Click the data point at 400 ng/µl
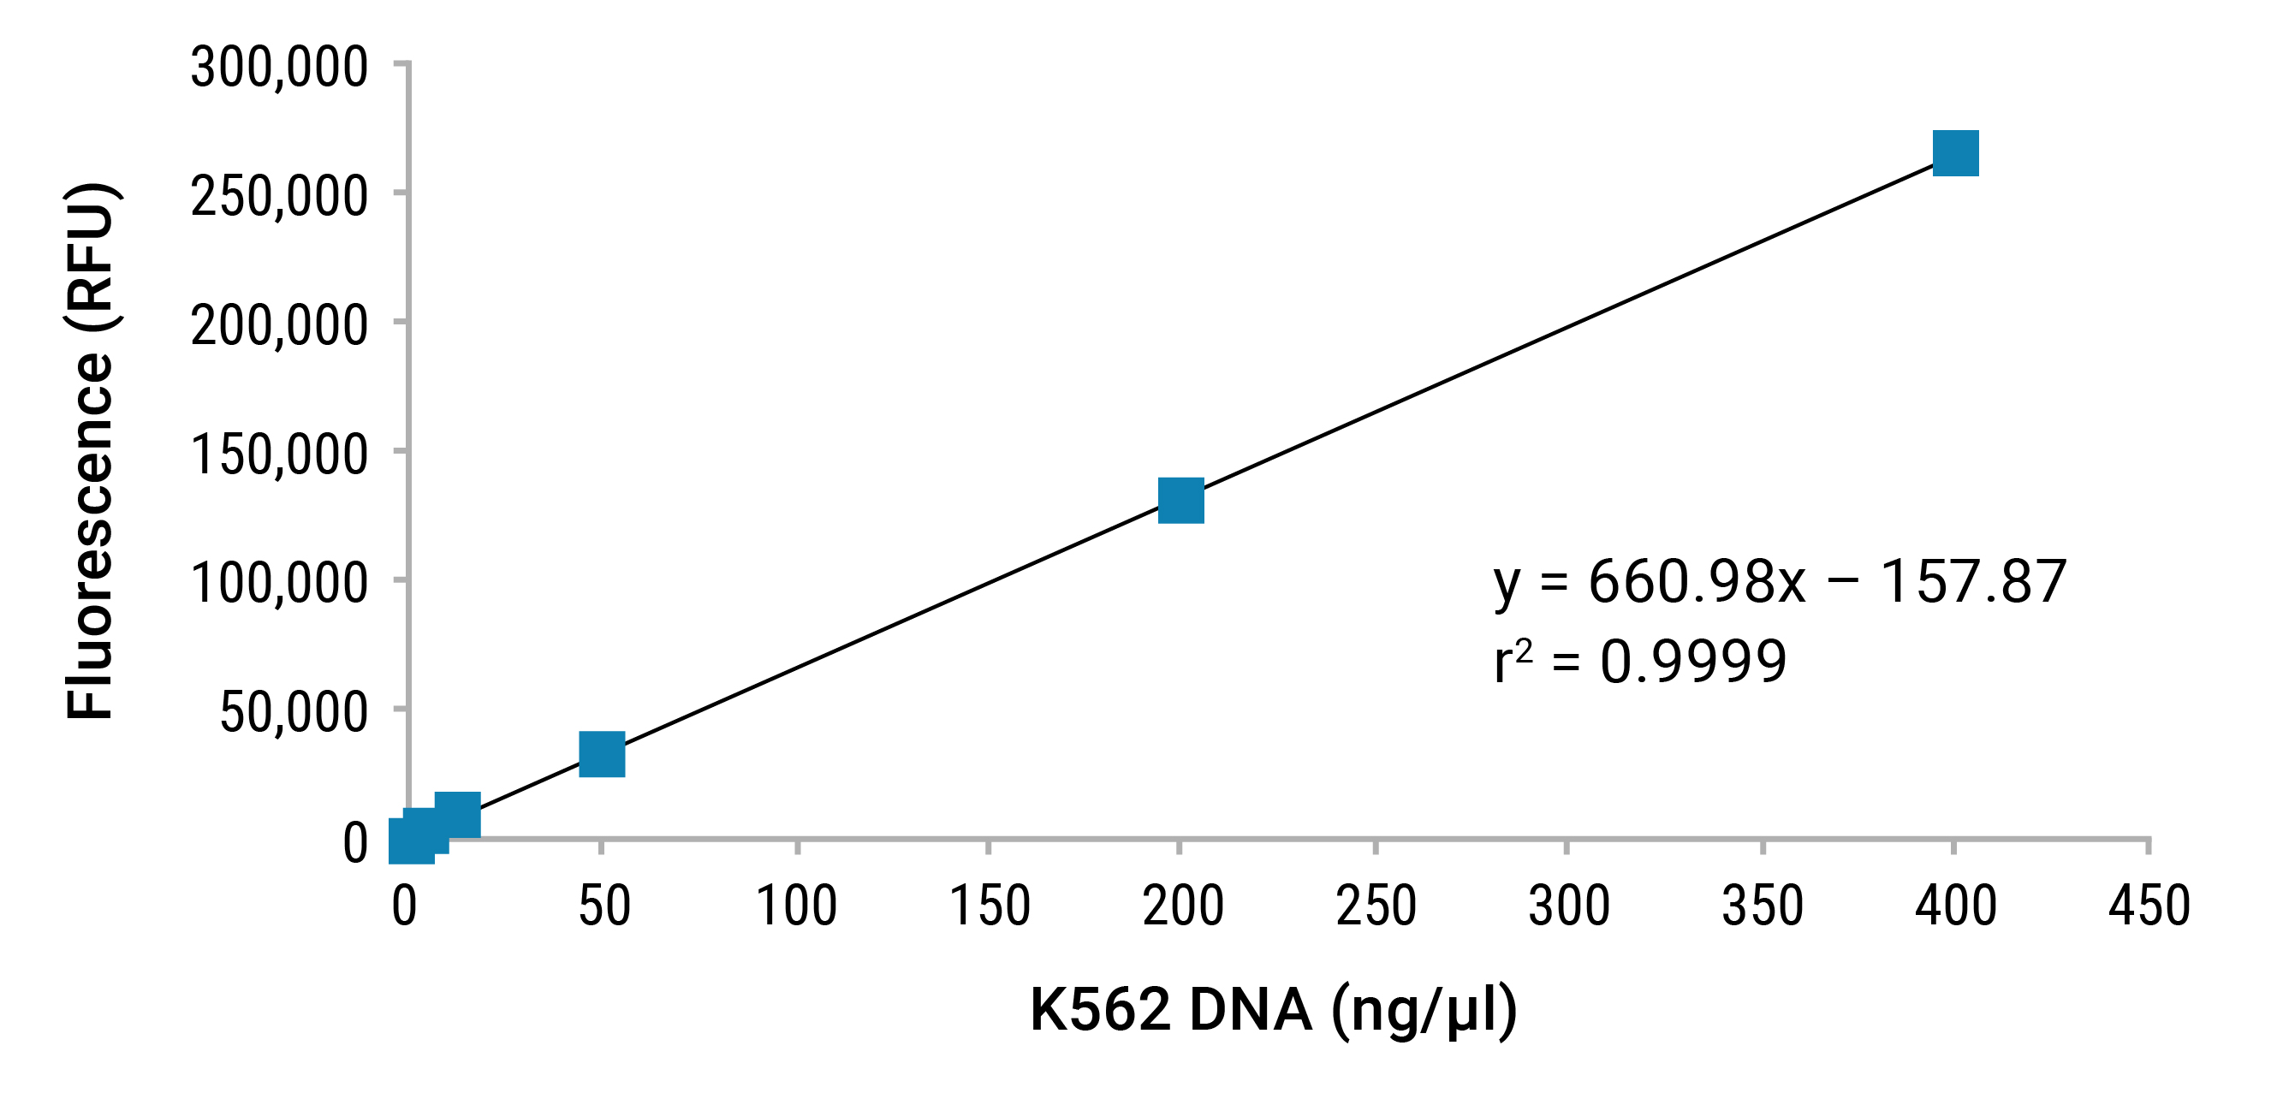pyautogui.click(x=1955, y=153)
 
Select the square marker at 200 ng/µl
pyautogui.click(x=1180, y=501)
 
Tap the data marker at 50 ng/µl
pyautogui.click(x=602, y=754)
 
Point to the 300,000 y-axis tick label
pyautogui.click(x=279, y=68)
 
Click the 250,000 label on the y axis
pyautogui.click(x=279, y=196)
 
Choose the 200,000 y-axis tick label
pyautogui.click(x=279, y=325)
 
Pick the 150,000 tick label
pyautogui.click(x=279, y=454)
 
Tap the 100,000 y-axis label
pyautogui.click(x=279, y=583)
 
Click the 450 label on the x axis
pyautogui.click(x=2149, y=906)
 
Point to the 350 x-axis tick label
pyautogui.click(x=1763, y=906)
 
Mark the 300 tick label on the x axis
pyautogui.click(x=1570, y=906)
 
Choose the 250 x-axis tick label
pyautogui.click(x=1376, y=906)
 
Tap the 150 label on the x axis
pyautogui.click(x=990, y=906)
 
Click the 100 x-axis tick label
pyautogui.click(x=797, y=906)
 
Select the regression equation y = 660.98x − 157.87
pyautogui.click(x=1780, y=583)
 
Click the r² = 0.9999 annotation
pyautogui.click(x=1639, y=661)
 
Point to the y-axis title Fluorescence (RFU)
pyautogui.click(x=91, y=450)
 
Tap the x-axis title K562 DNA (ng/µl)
pyautogui.click(x=1274, y=1009)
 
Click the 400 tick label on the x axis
pyautogui.click(x=1956, y=906)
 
